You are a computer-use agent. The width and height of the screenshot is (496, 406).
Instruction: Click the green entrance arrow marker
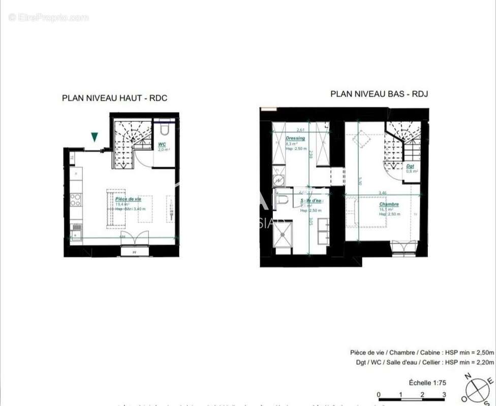pos(94,137)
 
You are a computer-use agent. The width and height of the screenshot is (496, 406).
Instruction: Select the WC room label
pos(162,145)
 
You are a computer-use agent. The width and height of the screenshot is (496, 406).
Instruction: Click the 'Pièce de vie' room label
pos(128,199)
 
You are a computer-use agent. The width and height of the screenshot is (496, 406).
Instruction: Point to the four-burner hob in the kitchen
pos(76,199)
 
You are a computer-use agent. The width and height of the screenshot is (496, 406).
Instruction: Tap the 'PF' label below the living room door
pos(135,251)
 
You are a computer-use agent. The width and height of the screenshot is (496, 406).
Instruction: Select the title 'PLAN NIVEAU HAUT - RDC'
pos(114,98)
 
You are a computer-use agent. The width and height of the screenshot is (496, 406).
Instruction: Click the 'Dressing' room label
pos(295,138)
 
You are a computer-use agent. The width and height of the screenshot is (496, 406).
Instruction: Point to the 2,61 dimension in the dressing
pos(300,130)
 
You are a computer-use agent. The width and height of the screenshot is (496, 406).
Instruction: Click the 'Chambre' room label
pos(389,204)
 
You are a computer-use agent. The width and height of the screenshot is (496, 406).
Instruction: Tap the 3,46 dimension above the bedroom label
pos(383,193)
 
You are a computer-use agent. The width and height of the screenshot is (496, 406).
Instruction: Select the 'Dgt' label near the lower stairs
pos(410,166)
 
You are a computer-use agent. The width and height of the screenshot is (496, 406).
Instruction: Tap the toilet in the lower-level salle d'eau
pos(283,198)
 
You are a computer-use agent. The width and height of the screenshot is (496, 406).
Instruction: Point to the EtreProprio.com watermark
pos(48,17)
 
